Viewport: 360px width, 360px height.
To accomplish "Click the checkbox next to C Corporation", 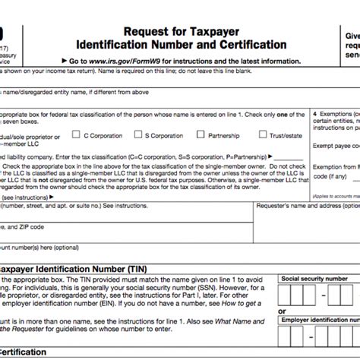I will click(77, 135).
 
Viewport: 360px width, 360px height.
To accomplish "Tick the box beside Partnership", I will click(203, 135).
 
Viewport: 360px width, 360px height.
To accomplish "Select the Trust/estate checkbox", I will click(263, 135).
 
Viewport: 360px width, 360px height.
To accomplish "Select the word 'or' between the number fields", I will click(283, 311).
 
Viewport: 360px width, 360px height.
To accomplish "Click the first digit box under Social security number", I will click(286, 295).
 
